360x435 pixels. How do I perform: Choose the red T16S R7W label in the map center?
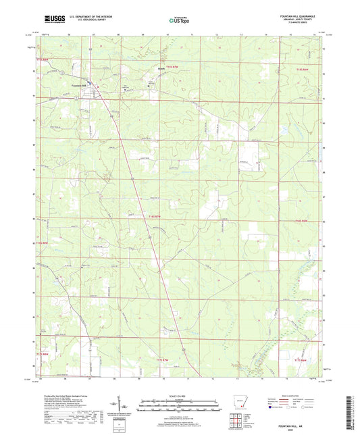coord(154,215)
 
